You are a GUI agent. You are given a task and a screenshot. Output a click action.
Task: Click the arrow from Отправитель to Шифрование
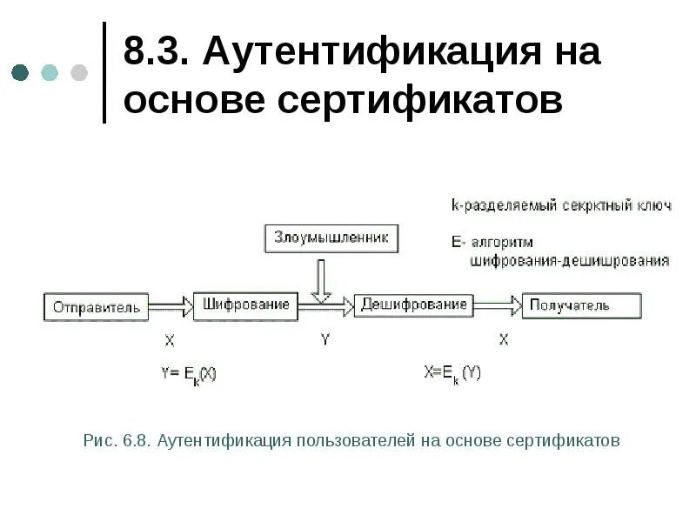point(170,306)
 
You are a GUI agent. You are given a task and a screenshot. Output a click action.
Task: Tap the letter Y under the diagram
point(325,340)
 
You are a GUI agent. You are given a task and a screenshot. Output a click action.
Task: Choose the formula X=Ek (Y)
point(452,373)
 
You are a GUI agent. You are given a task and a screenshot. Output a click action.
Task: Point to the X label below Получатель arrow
point(503,340)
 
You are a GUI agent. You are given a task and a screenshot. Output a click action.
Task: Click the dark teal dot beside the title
point(20,72)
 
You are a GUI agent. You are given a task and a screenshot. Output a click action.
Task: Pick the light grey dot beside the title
point(79,72)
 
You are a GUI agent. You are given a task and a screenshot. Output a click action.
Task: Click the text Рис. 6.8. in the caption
point(117,441)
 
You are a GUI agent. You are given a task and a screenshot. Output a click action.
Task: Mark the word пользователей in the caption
point(356,441)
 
